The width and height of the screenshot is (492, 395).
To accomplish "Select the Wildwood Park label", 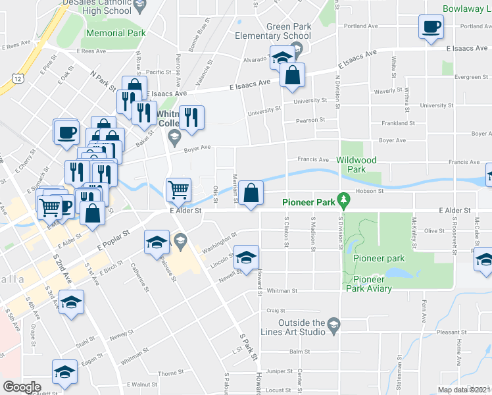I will click(x=357, y=165).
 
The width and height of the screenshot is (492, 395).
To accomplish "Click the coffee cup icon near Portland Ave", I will click(x=431, y=27).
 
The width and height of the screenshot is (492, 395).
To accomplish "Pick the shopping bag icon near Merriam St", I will click(x=251, y=194).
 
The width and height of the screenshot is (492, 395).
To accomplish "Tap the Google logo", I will click(x=22, y=387).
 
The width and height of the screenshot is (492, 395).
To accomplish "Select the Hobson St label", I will click(x=370, y=191).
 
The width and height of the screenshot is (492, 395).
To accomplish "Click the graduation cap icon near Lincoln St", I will click(x=246, y=257).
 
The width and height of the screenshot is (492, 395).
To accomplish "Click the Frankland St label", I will click(x=398, y=123).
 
